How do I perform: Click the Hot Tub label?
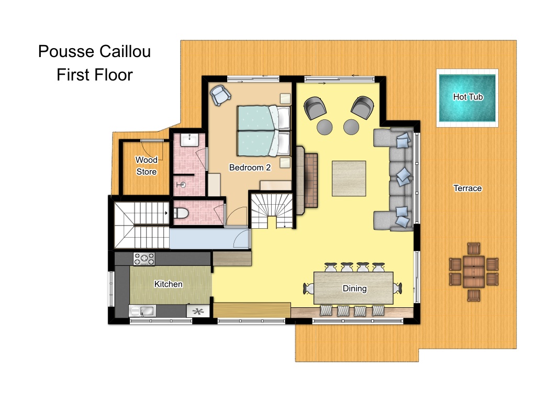click(467, 97)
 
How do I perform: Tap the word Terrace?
click(467, 188)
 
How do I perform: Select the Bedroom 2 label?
click(250, 167)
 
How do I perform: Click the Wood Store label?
click(147, 166)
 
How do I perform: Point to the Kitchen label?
click(168, 284)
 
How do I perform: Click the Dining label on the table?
click(354, 288)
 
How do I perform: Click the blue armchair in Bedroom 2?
click(220, 95)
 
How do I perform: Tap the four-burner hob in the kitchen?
click(144, 259)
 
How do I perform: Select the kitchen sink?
click(142, 311)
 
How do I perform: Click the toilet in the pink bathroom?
click(181, 214)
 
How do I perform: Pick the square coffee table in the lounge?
click(349, 178)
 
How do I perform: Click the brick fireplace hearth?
click(311, 181)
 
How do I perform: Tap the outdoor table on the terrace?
click(473, 272)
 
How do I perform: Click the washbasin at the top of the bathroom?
click(189, 140)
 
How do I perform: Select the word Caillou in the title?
click(125, 52)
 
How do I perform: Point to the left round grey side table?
click(325, 127)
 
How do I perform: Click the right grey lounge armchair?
click(362, 107)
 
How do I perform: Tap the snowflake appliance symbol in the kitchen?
click(198, 311)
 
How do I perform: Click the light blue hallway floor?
click(209, 238)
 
